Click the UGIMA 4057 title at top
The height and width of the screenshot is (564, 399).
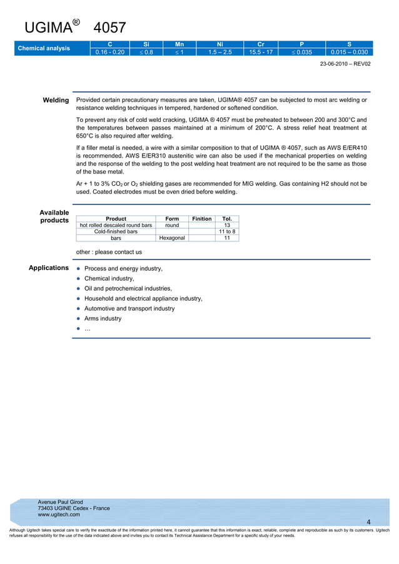[75, 28]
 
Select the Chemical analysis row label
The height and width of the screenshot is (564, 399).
[44, 48]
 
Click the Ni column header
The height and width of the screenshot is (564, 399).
[220, 44]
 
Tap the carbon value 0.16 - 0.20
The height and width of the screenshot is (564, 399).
[109, 52]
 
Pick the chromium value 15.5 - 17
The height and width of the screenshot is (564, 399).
[261, 52]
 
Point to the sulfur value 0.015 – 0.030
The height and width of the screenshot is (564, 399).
[349, 52]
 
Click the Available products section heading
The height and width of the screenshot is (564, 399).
[54, 216]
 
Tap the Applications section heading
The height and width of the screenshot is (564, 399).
[49, 268]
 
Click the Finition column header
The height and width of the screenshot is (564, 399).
[201, 219]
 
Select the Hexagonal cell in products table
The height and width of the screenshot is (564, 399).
[172, 238]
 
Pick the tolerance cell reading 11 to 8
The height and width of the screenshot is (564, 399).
[226, 232]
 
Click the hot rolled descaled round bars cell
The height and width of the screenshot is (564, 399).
[116, 225]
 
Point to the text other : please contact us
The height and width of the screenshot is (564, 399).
[109, 252]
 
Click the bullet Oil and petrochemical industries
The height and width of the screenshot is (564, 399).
[128, 288]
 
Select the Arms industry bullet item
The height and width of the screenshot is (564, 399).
[103, 318]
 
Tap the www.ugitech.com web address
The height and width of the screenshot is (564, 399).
[59, 515]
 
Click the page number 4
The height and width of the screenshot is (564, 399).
[368, 522]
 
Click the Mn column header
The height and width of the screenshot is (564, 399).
[179, 44]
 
